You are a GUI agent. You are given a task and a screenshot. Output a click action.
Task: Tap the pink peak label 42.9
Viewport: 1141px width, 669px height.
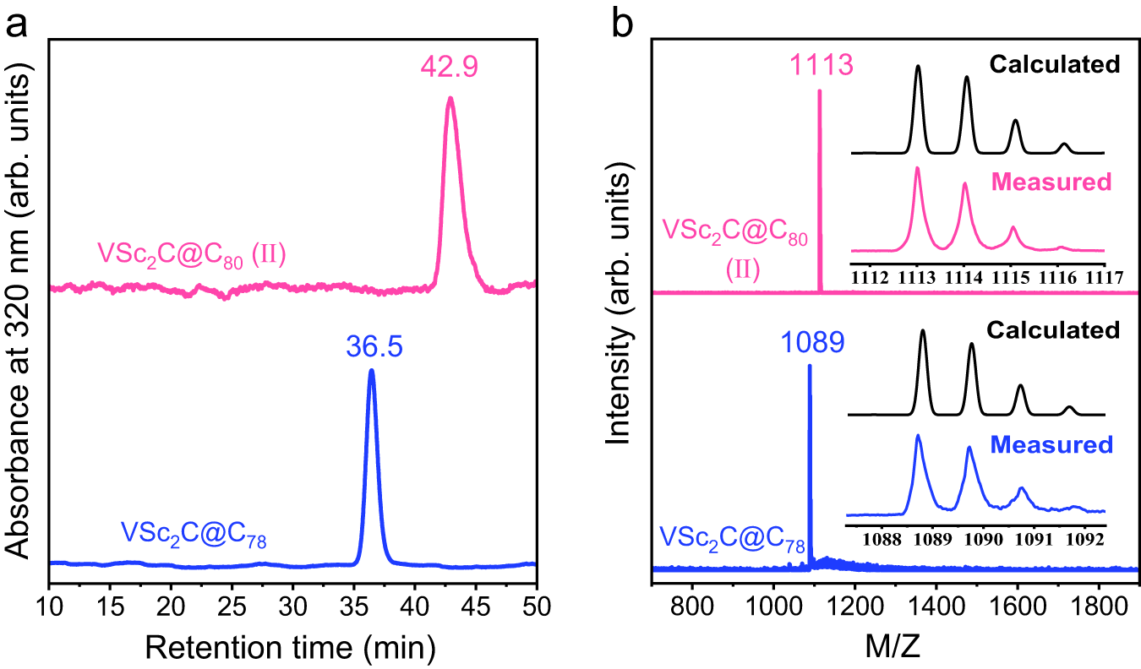(450, 65)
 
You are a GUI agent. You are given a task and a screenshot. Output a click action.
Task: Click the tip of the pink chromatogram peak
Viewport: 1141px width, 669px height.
(450, 98)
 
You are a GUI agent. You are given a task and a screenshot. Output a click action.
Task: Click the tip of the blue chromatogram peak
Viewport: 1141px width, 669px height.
(371, 370)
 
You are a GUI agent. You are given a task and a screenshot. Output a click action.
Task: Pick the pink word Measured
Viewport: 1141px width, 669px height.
(1060, 182)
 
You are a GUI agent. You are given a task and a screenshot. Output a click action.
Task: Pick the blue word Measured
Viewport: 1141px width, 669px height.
(1060, 443)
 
